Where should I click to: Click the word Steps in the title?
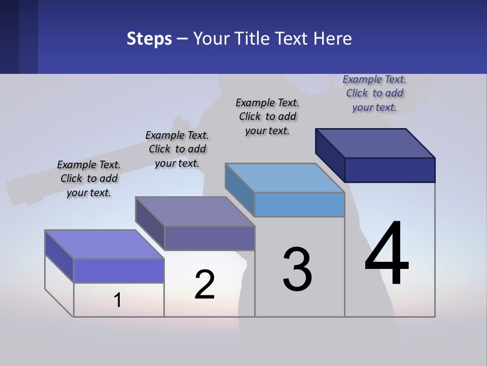pyautogui.click(x=149, y=39)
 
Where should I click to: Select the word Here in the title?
pyautogui.click(x=333, y=39)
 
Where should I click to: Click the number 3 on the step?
pyautogui.click(x=297, y=269)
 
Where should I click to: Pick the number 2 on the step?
pyautogui.click(x=205, y=285)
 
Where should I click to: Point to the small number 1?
pyautogui.click(x=118, y=300)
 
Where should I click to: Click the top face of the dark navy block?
pyautogui.click(x=375, y=143)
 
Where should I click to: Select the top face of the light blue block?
pyautogui.click(x=285, y=177)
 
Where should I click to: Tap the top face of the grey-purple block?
pyautogui.click(x=195, y=211)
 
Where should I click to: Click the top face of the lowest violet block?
pyautogui.click(x=105, y=244)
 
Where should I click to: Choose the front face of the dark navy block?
pyautogui.click(x=390, y=170)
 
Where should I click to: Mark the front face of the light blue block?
pyautogui.click(x=299, y=204)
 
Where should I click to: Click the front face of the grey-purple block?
pyautogui.click(x=210, y=238)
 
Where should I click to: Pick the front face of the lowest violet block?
pyautogui.click(x=119, y=270)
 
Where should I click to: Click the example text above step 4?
pyautogui.click(x=374, y=93)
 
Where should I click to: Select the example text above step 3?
pyautogui.click(x=267, y=116)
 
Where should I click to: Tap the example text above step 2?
pyautogui.click(x=177, y=149)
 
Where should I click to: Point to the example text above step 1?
pyautogui.click(x=89, y=178)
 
